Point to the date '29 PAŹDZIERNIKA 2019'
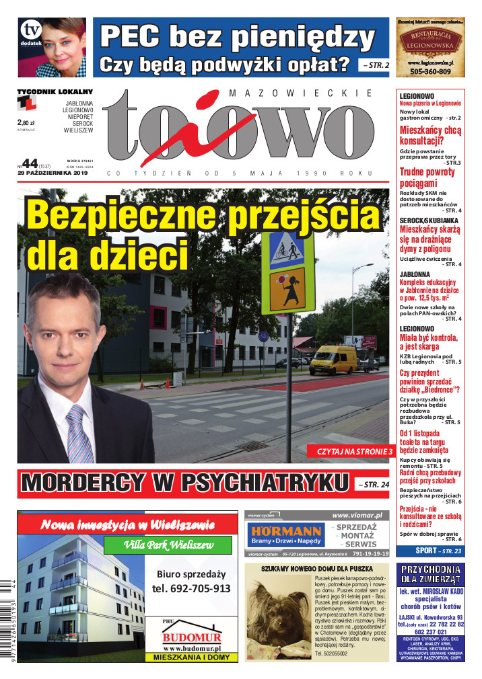tap(54, 173)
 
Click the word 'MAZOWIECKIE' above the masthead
tap(301, 93)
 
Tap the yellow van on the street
tap(333, 359)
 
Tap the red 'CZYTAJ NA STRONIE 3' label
tap(350, 452)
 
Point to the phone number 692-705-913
tap(191, 589)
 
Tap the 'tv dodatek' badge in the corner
tap(30, 33)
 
